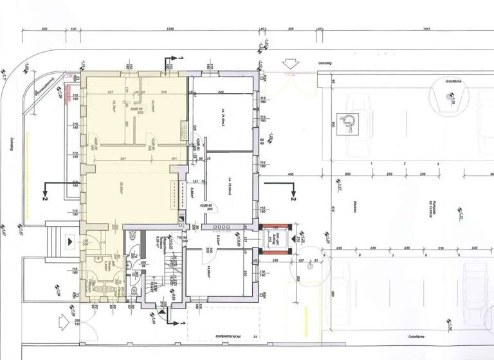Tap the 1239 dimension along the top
click(x=170, y=29)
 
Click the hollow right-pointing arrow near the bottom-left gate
click(x=62, y=318)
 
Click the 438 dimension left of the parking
click(x=291, y=174)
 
